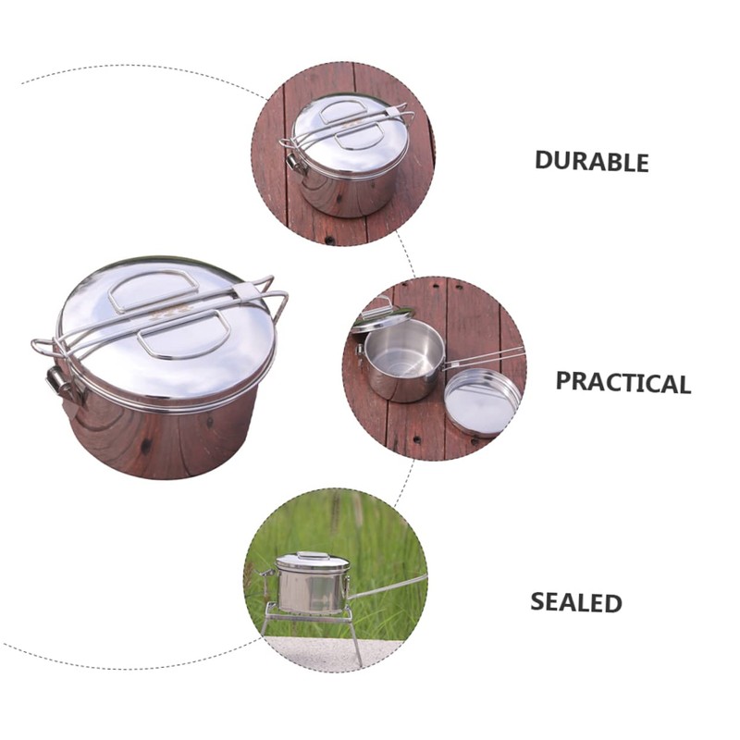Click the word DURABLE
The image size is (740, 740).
click(x=592, y=161)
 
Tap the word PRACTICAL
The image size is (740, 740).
click(x=623, y=382)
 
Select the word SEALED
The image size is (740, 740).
click(x=575, y=602)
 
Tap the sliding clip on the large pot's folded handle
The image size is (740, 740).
click(x=246, y=292)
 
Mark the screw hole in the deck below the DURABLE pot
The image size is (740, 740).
click(x=327, y=240)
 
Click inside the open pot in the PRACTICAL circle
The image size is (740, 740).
click(x=399, y=351)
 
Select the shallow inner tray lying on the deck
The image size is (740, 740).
click(x=482, y=401)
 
